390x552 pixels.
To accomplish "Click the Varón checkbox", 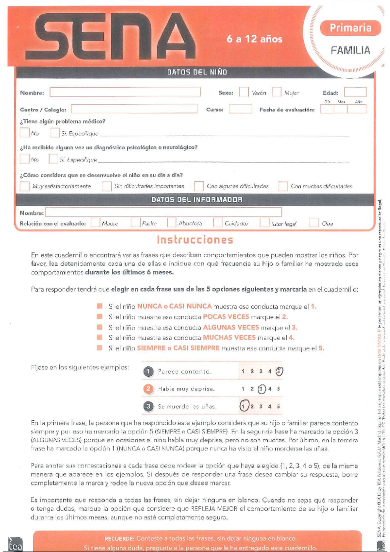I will tap(244, 92).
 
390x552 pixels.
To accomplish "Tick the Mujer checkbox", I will tap(277, 92).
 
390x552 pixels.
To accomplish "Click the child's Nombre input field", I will tap(125, 92).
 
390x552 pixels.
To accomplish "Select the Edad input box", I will tap(355, 92).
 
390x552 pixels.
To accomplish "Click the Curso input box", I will tap(240, 109).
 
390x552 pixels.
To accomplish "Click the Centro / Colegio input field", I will tap(134, 109).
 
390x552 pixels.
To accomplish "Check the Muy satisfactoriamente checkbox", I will tap(25, 186).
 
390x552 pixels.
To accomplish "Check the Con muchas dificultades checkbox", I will tap(283, 186).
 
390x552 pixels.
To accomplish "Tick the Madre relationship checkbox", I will tap(95, 223).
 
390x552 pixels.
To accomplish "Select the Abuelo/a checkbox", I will tap(172, 223).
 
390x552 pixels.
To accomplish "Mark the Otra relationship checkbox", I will tap(314, 223).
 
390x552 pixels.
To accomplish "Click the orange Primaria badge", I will tap(350, 28).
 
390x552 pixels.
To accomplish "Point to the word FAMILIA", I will tap(350, 50).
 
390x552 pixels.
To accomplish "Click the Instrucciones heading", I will tap(195, 240).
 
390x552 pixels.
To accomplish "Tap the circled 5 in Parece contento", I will tap(279, 371).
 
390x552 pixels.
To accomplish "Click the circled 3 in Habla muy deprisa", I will tap(261, 389).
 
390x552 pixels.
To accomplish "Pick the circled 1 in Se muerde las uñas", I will tap(243, 406).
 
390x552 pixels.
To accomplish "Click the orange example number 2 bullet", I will tap(148, 389).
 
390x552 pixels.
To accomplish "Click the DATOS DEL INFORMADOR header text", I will tap(197, 200).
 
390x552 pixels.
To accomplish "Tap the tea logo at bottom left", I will tap(15, 545).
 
